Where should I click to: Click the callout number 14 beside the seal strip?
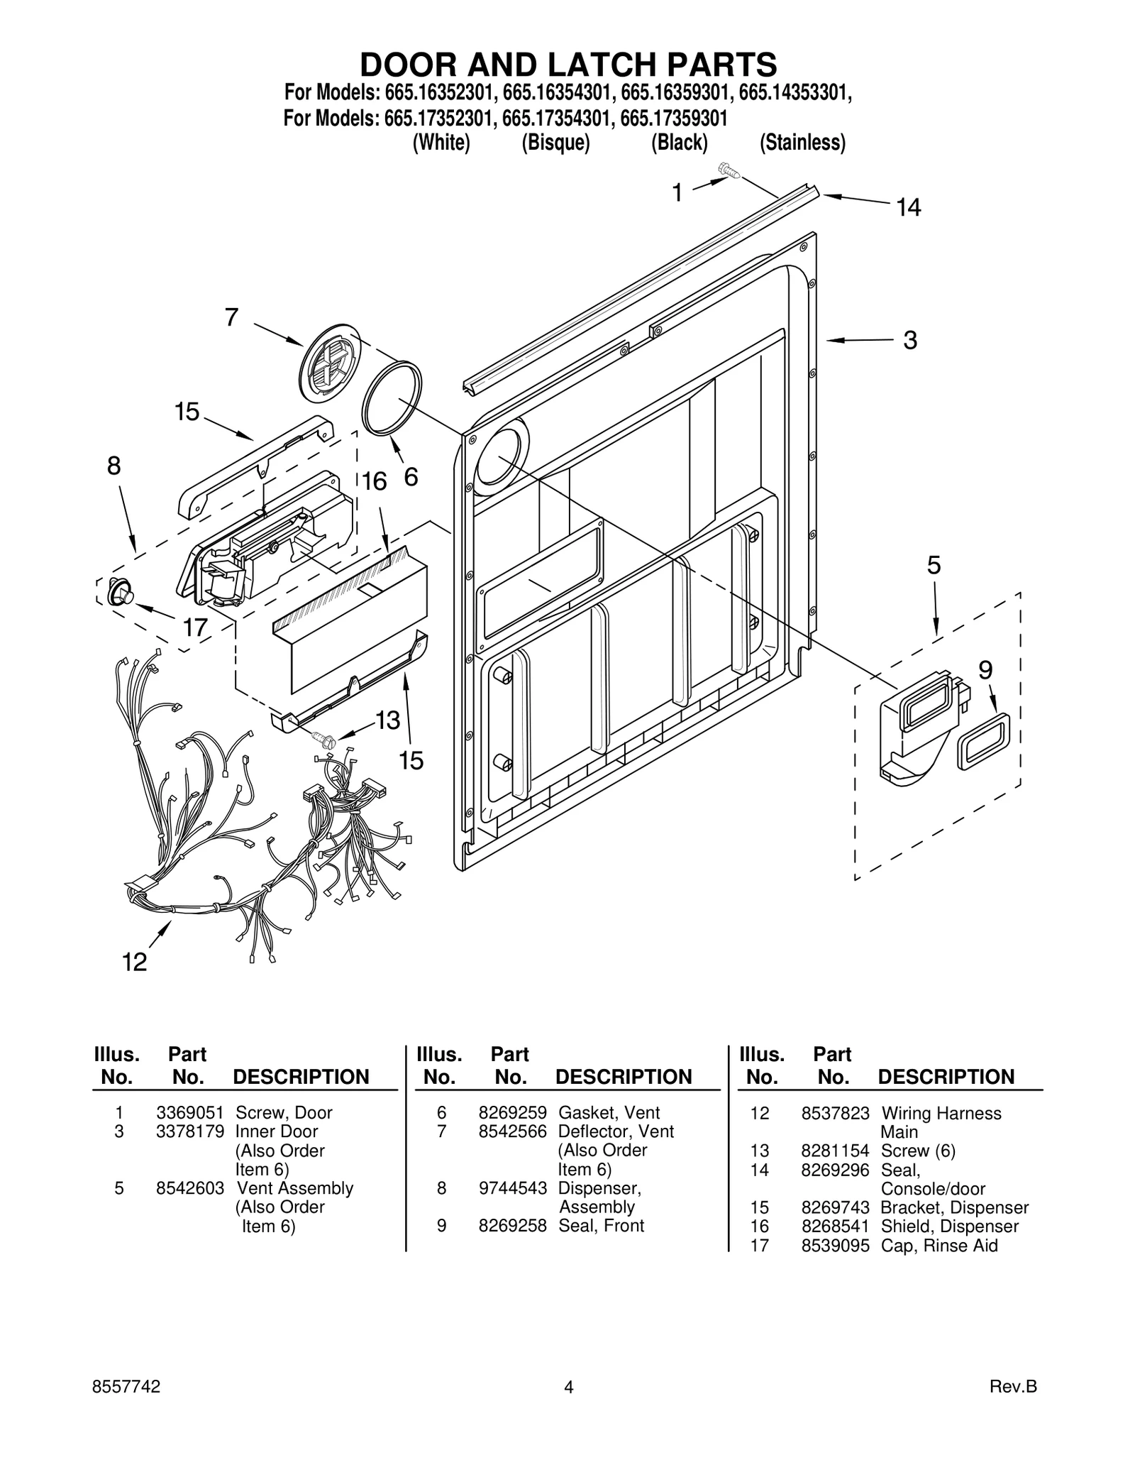(x=908, y=207)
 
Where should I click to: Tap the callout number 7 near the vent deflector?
(x=231, y=317)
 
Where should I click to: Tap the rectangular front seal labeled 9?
(x=983, y=741)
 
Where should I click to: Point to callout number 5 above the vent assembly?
(x=934, y=566)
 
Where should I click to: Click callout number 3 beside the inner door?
(x=910, y=340)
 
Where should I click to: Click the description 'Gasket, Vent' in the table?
(x=609, y=1113)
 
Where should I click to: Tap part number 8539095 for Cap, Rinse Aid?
(x=835, y=1246)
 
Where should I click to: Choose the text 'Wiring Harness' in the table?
(x=941, y=1113)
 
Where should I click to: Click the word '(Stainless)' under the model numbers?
(x=802, y=143)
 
